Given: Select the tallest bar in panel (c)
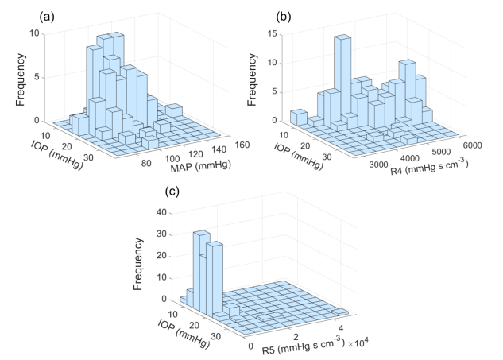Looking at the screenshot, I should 202,262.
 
